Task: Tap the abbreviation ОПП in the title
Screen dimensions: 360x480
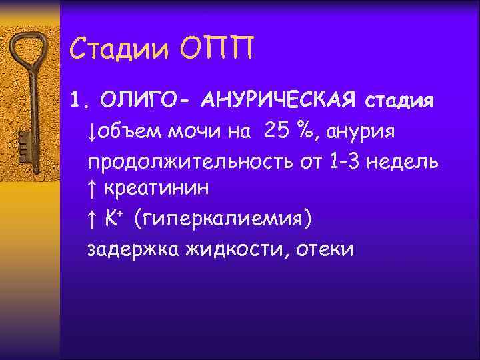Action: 218,47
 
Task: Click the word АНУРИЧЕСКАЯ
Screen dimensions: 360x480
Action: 276,102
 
